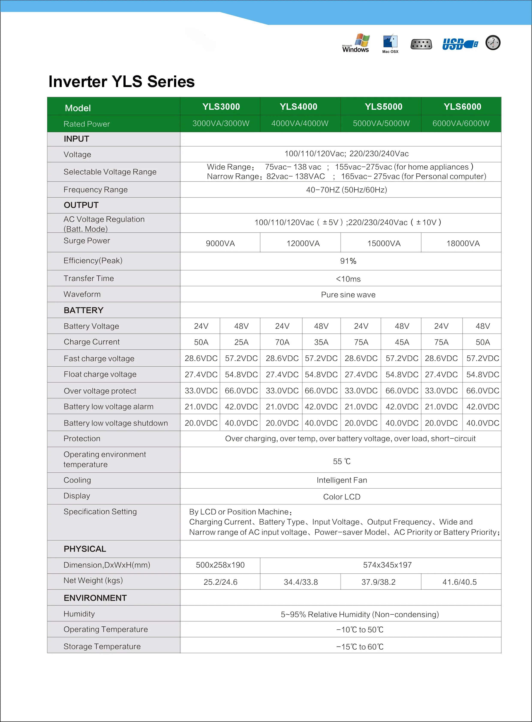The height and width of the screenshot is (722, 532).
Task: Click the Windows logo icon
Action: pyautogui.click(x=356, y=43)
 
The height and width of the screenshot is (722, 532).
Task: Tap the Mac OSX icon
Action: pyautogui.click(x=390, y=44)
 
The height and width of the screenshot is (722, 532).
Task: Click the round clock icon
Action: pyautogui.click(x=493, y=42)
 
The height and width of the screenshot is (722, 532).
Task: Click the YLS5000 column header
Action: pyautogui.click(x=383, y=107)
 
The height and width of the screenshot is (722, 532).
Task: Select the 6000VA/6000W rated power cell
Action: pyautogui.click(x=461, y=123)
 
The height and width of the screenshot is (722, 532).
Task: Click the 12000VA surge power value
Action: pyautogui.click(x=303, y=244)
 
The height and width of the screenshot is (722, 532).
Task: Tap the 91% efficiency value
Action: pyautogui.click(x=348, y=261)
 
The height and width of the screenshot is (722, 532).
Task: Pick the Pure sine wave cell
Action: pyautogui.click(x=348, y=295)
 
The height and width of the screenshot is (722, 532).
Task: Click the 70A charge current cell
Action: pyautogui.click(x=282, y=342)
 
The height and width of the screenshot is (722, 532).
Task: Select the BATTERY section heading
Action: pyautogui.click(x=83, y=310)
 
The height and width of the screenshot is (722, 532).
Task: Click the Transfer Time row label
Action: pyautogui.click(x=89, y=278)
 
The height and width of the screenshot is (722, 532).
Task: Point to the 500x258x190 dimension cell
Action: pyautogui.click(x=220, y=565)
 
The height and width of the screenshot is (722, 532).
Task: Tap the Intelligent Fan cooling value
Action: pyautogui.click(x=342, y=480)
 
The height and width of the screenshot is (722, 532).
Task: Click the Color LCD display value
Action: pyautogui.click(x=342, y=496)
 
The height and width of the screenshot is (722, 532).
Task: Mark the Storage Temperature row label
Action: pyautogui.click(x=102, y=646)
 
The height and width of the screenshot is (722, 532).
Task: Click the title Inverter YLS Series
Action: pyautogui.click(x=121, y=81)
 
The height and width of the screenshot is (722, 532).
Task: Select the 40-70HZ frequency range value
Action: pyautogui.click(x=347, y=190)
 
